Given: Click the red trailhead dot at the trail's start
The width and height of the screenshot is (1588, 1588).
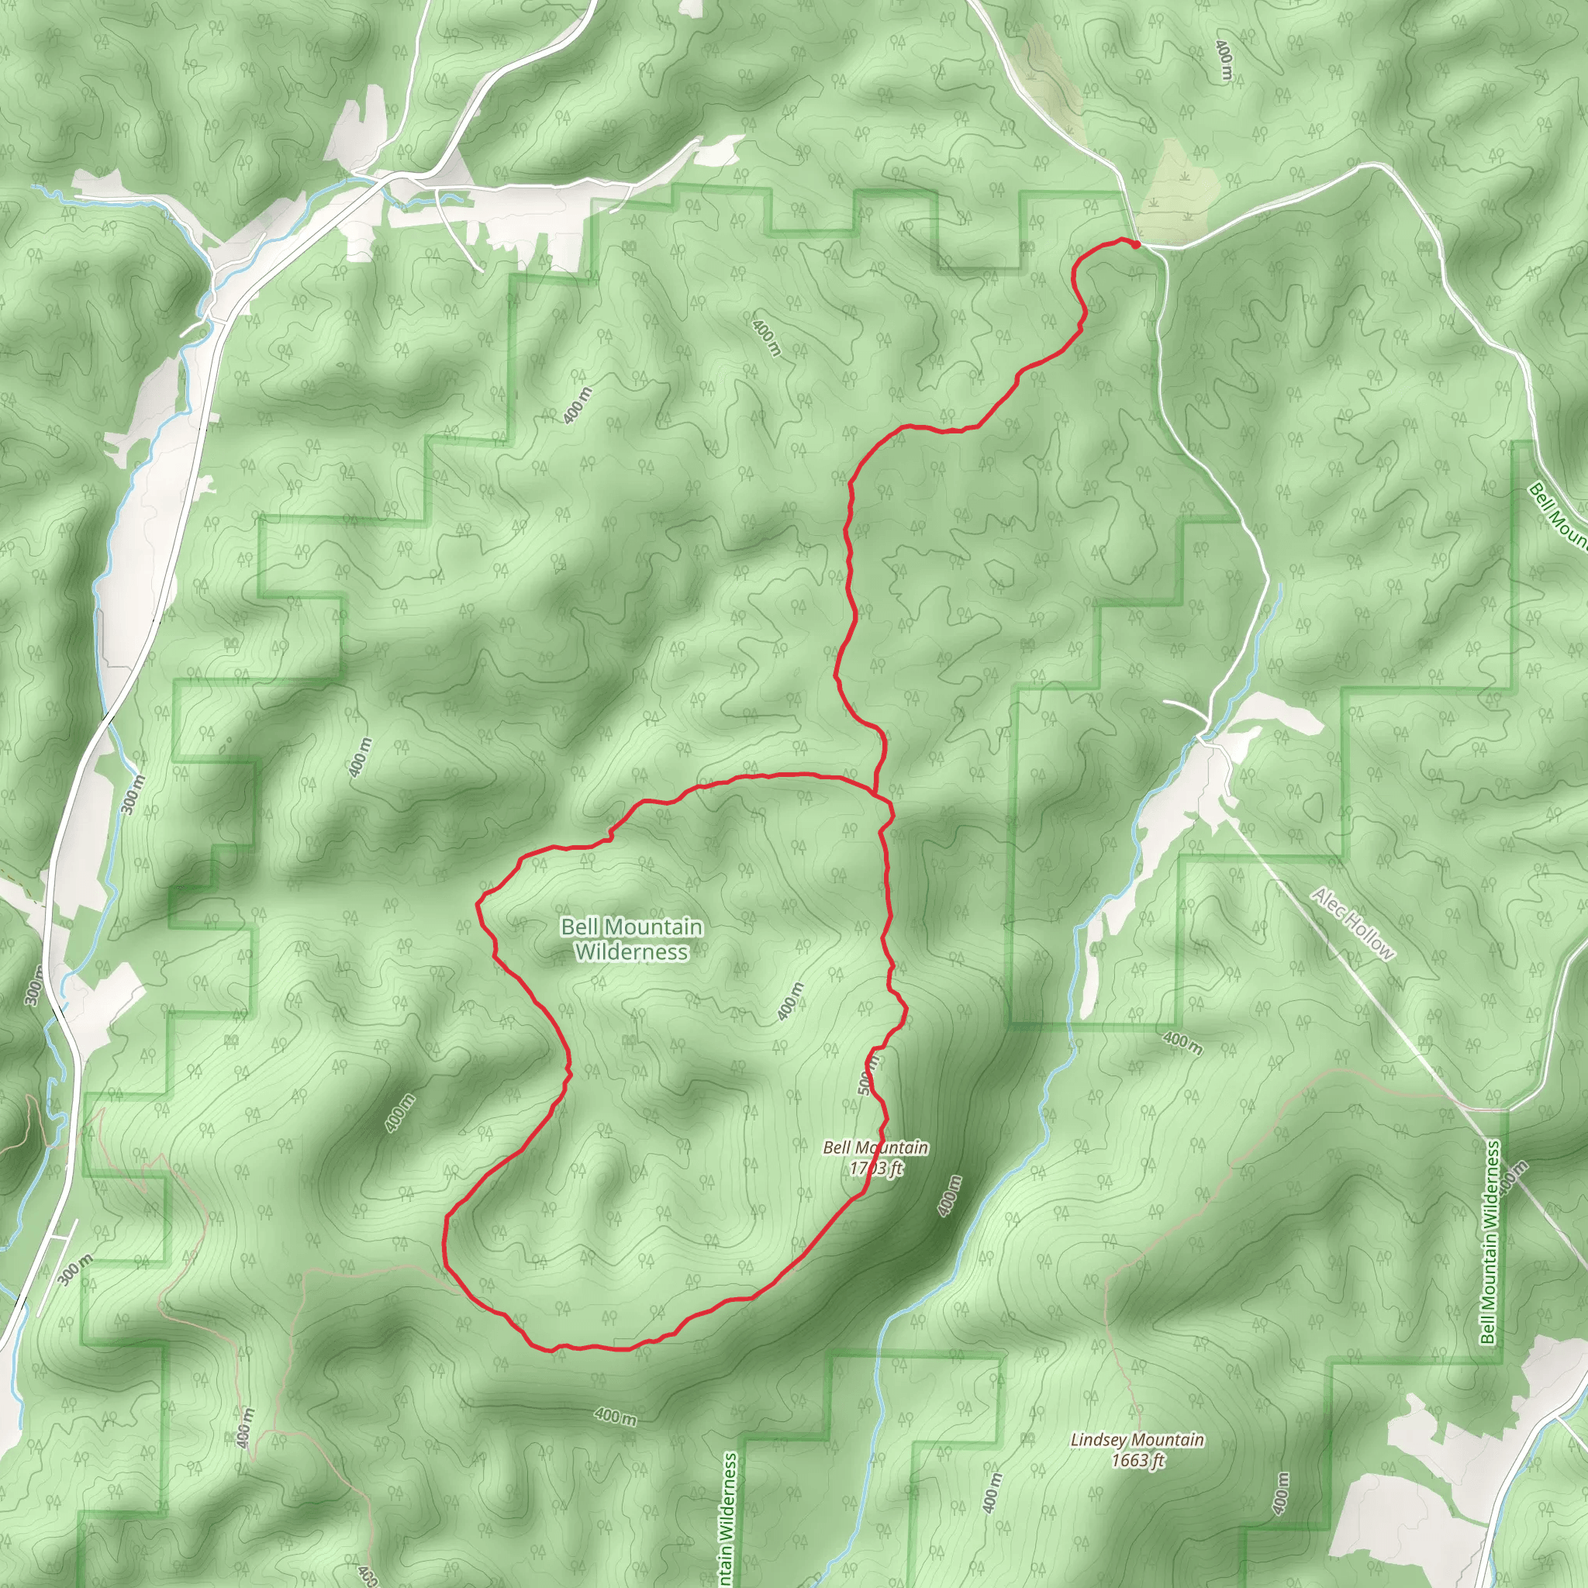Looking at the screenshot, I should click(1135, 243).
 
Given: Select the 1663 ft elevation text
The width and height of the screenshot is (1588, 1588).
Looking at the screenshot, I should click(1137, 1461).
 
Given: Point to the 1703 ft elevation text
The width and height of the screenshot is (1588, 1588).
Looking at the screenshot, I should click(876, 1168).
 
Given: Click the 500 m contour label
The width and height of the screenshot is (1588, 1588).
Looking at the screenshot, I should click(867, 1074).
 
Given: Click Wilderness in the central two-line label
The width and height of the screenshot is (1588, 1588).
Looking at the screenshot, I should click(631, 952).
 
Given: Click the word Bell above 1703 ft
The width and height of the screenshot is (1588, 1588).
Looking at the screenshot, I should click(837, 1148).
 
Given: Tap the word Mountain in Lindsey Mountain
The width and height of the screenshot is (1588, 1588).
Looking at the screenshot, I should click(1169, 1440).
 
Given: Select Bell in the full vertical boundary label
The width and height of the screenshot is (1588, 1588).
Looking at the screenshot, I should click(1488, 1332).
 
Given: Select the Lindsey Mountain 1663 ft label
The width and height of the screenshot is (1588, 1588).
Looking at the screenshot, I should click(1137, 1450).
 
